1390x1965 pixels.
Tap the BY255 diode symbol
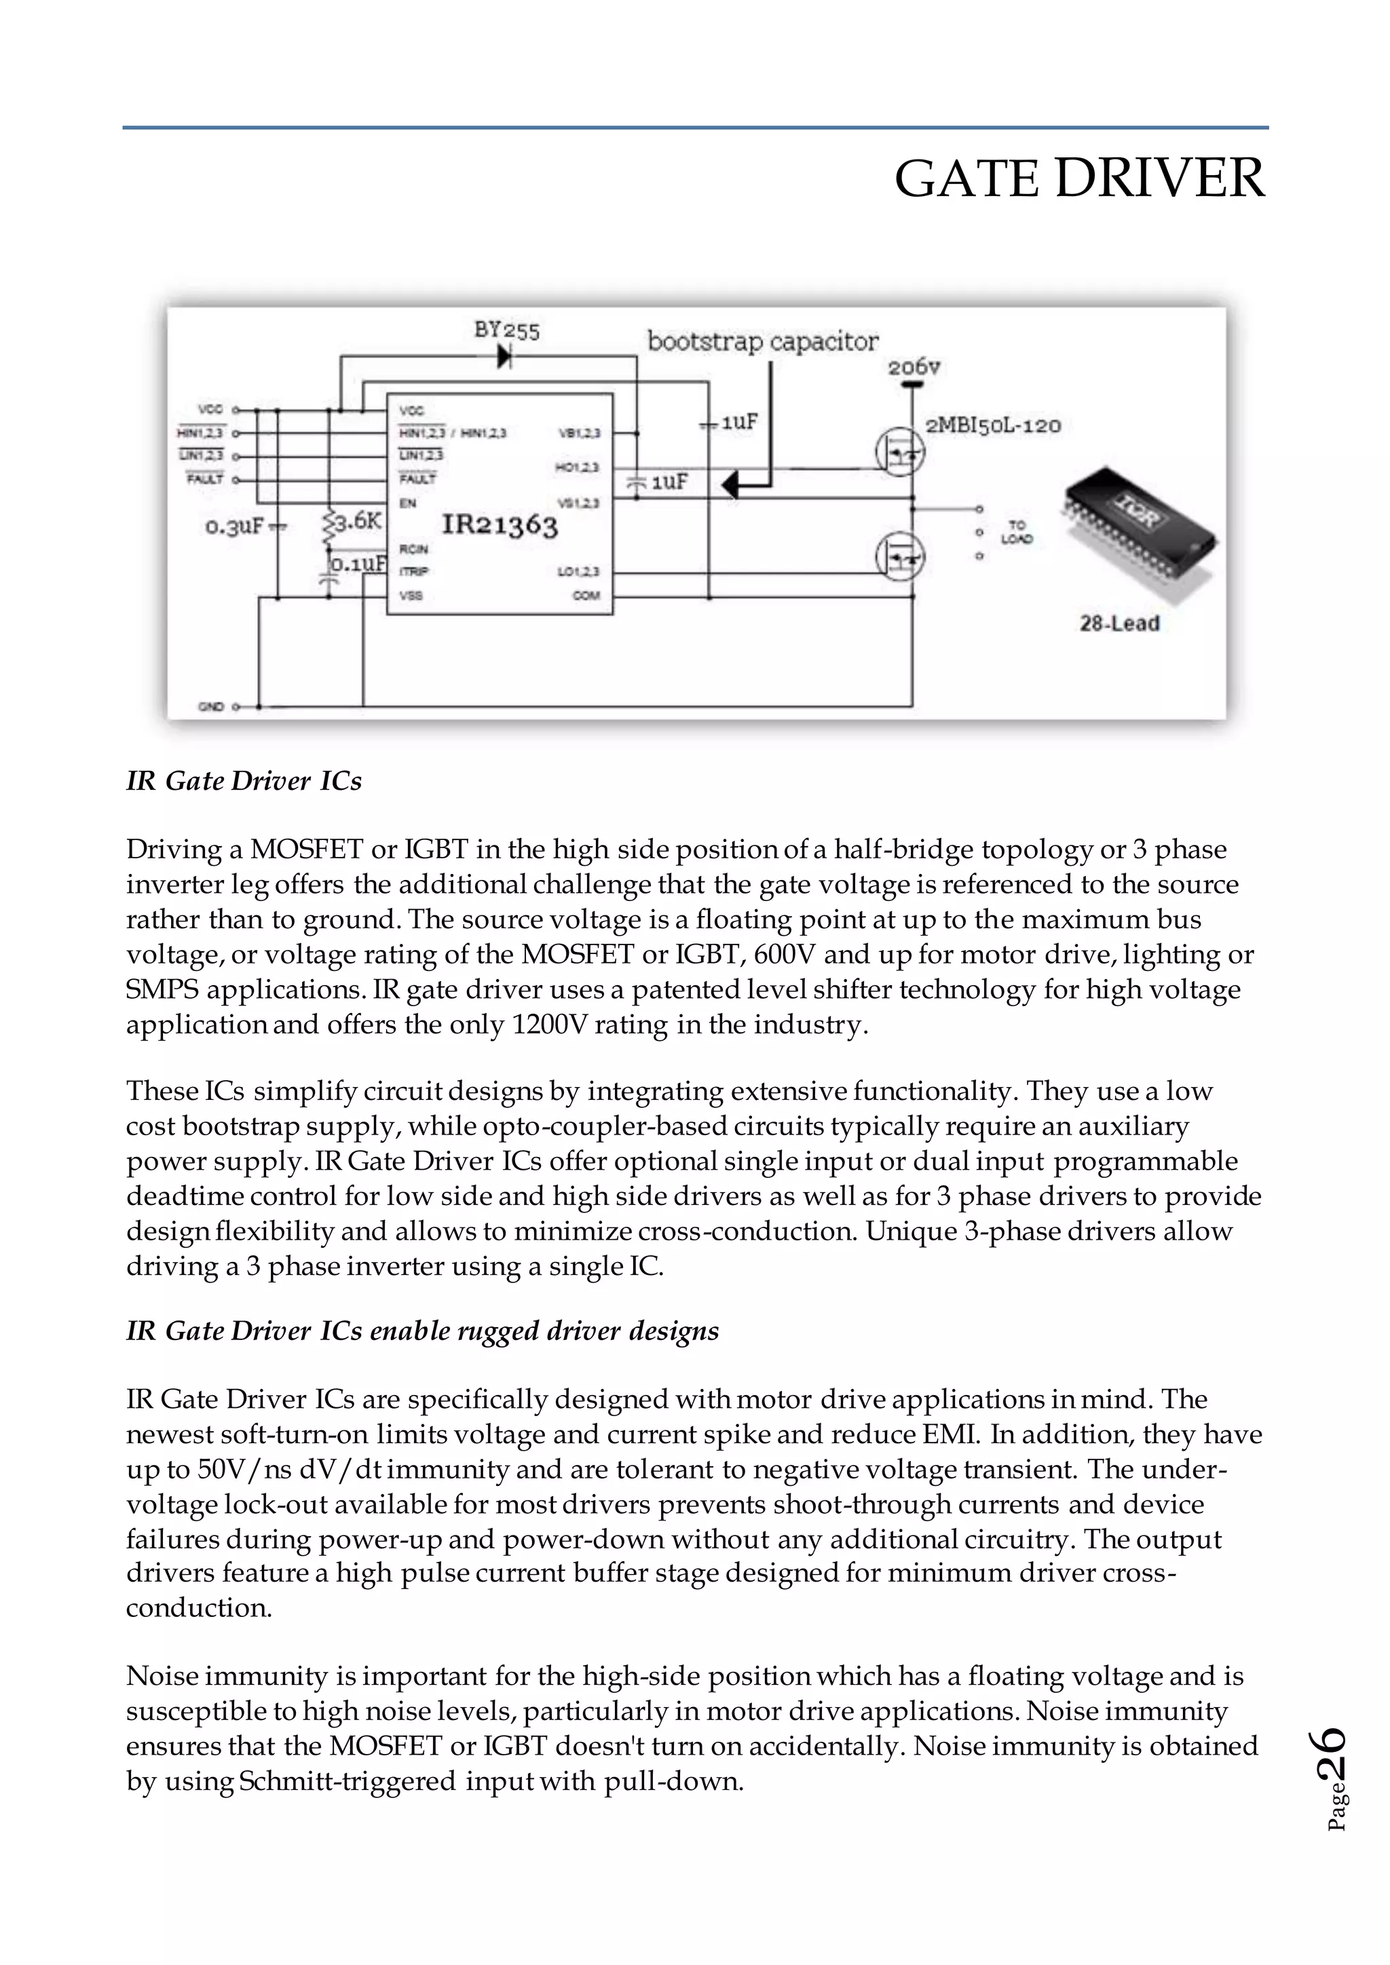[x=504, y=355]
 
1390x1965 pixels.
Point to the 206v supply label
[x=914, y=367]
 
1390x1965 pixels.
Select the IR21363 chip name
[x=499, y=524]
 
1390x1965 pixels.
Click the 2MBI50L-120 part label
[x=993, y=425]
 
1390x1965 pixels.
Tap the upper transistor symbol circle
[x=899, y=451]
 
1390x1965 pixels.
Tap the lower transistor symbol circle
[x=899, y=557]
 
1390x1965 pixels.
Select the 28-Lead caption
[x=1119, y=623]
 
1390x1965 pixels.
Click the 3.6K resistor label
[x=358, y=521]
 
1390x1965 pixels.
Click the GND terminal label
[x=210, y=707]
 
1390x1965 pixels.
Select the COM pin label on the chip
[x=586, y=595]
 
